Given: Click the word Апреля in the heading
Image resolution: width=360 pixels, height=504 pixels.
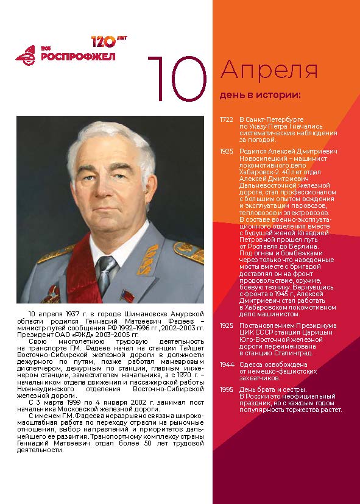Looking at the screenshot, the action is click(269, 71).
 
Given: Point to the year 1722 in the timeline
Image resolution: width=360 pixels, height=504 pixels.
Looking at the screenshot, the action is click(226, 119).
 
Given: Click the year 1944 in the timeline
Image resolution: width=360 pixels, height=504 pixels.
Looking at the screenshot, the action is click(226, 364).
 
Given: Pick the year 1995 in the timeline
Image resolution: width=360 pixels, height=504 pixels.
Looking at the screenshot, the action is click(226, 389).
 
